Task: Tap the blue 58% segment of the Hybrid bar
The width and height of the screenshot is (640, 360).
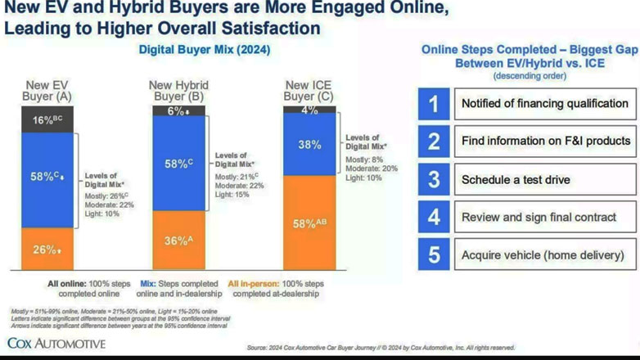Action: (x=179, y=164)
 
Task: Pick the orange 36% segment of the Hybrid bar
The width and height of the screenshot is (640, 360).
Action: (x=179, y=241)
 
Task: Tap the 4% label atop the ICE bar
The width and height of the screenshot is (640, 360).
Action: (x=309, y=109)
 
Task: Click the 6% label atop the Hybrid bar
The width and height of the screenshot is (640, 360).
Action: (x=178, y=111)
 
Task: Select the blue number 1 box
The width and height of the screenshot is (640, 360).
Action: (x=434, y=104)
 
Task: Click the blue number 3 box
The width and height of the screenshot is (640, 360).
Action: (x=434, y=179)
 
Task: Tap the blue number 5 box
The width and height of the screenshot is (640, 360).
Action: (x=434, y=254)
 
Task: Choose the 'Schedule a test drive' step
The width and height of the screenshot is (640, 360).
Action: (x=516, y=180)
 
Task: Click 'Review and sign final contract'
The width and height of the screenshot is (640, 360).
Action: (x=539, y=218)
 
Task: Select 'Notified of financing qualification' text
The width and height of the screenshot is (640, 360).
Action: (x=544, y=104)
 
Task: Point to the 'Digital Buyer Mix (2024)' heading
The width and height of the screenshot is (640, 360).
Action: (x=205, y=50)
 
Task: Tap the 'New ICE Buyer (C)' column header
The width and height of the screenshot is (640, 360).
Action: (x=309, y=90)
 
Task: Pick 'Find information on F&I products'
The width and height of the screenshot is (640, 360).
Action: (x=546, y=142)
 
